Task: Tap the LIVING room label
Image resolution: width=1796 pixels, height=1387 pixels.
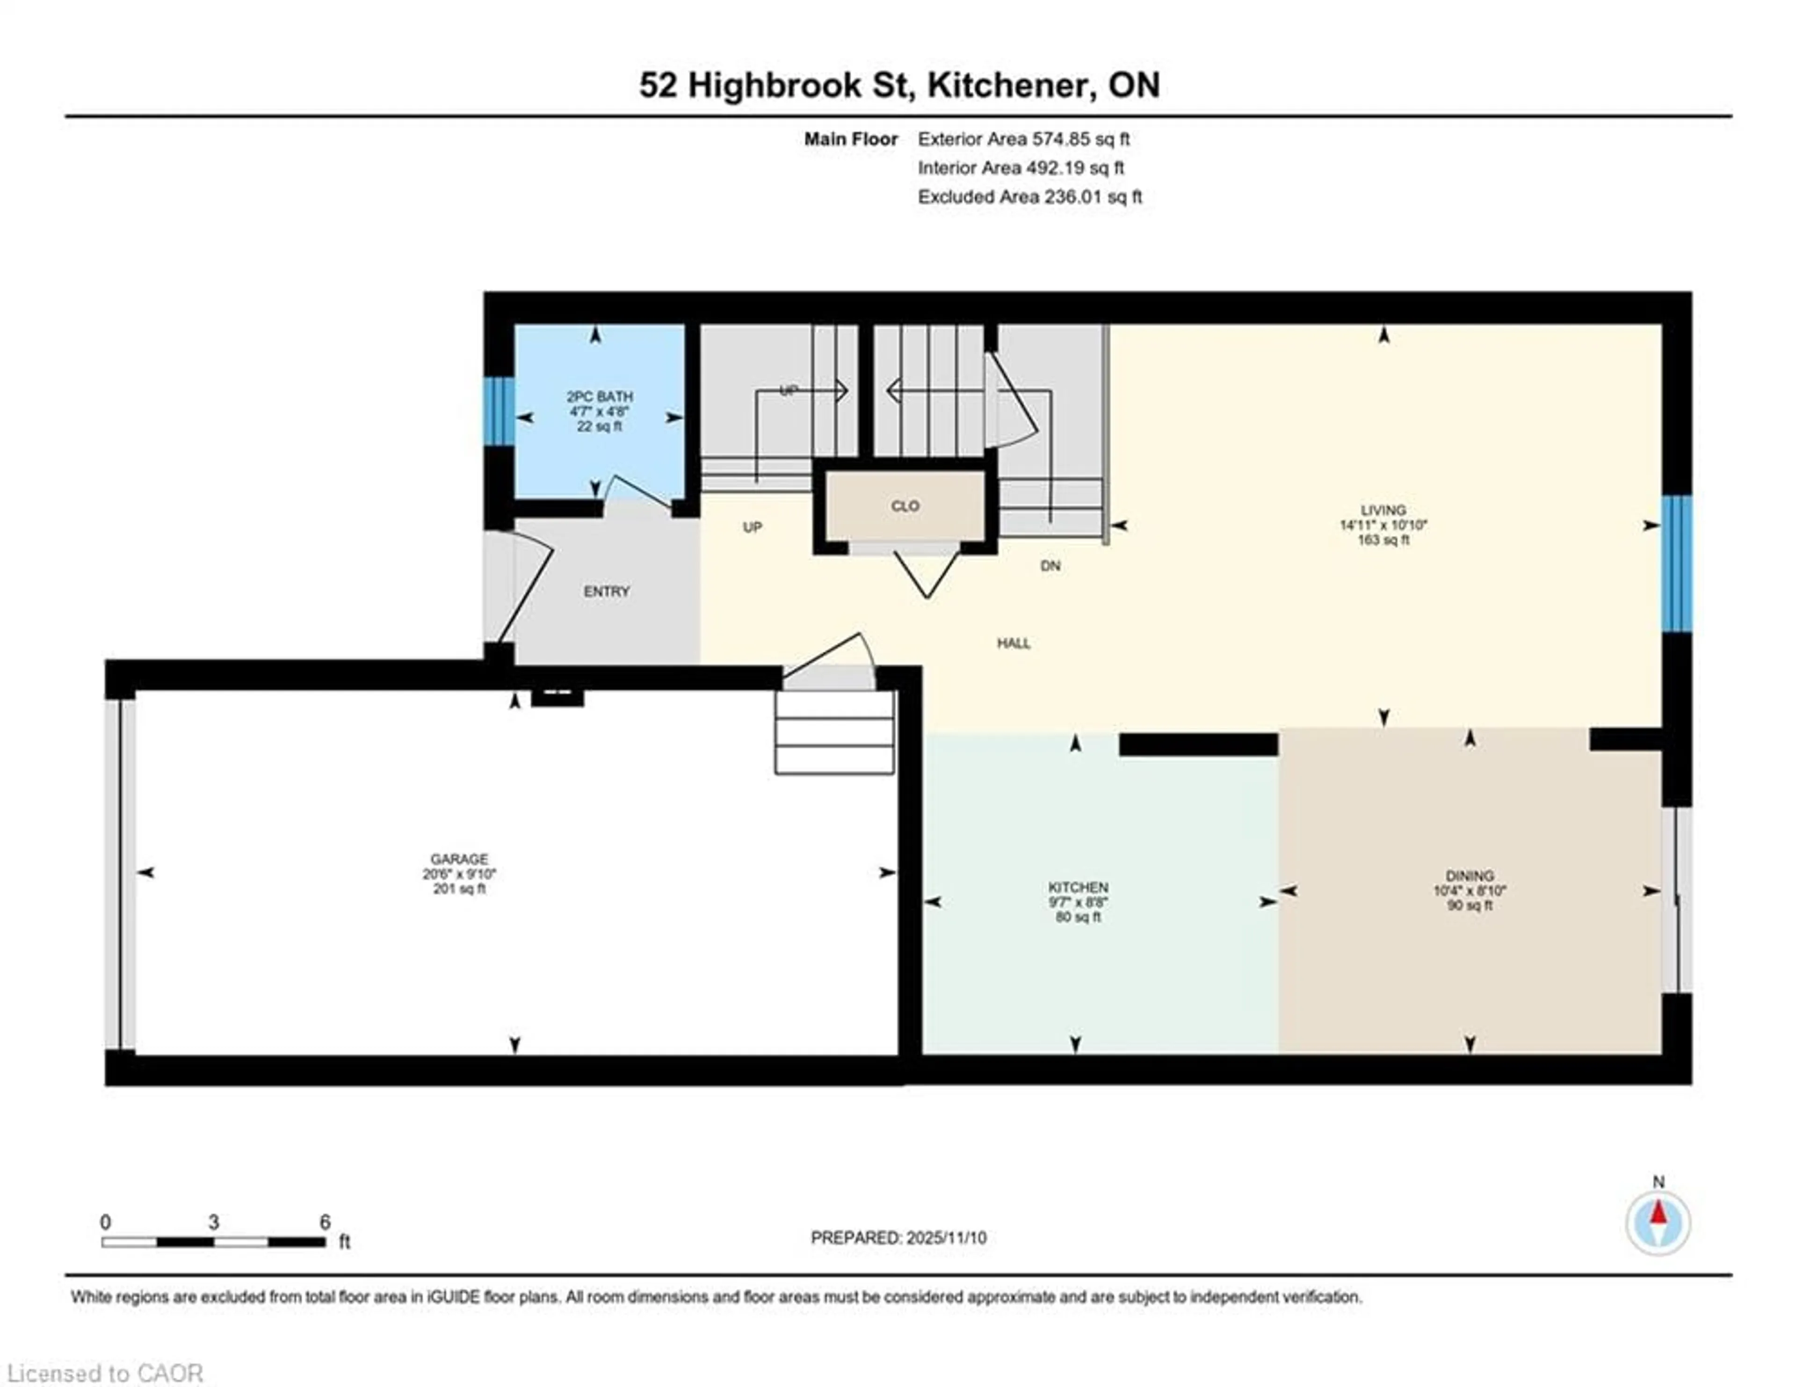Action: coord(1383,510)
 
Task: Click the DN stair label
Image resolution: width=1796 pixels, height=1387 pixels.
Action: coord(1050,566)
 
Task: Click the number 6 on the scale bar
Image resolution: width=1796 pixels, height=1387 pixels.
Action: coord(325,1222)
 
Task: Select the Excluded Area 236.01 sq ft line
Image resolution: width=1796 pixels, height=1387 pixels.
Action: coord(1029,197)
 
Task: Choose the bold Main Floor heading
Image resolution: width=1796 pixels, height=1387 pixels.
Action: coord(850,139)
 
